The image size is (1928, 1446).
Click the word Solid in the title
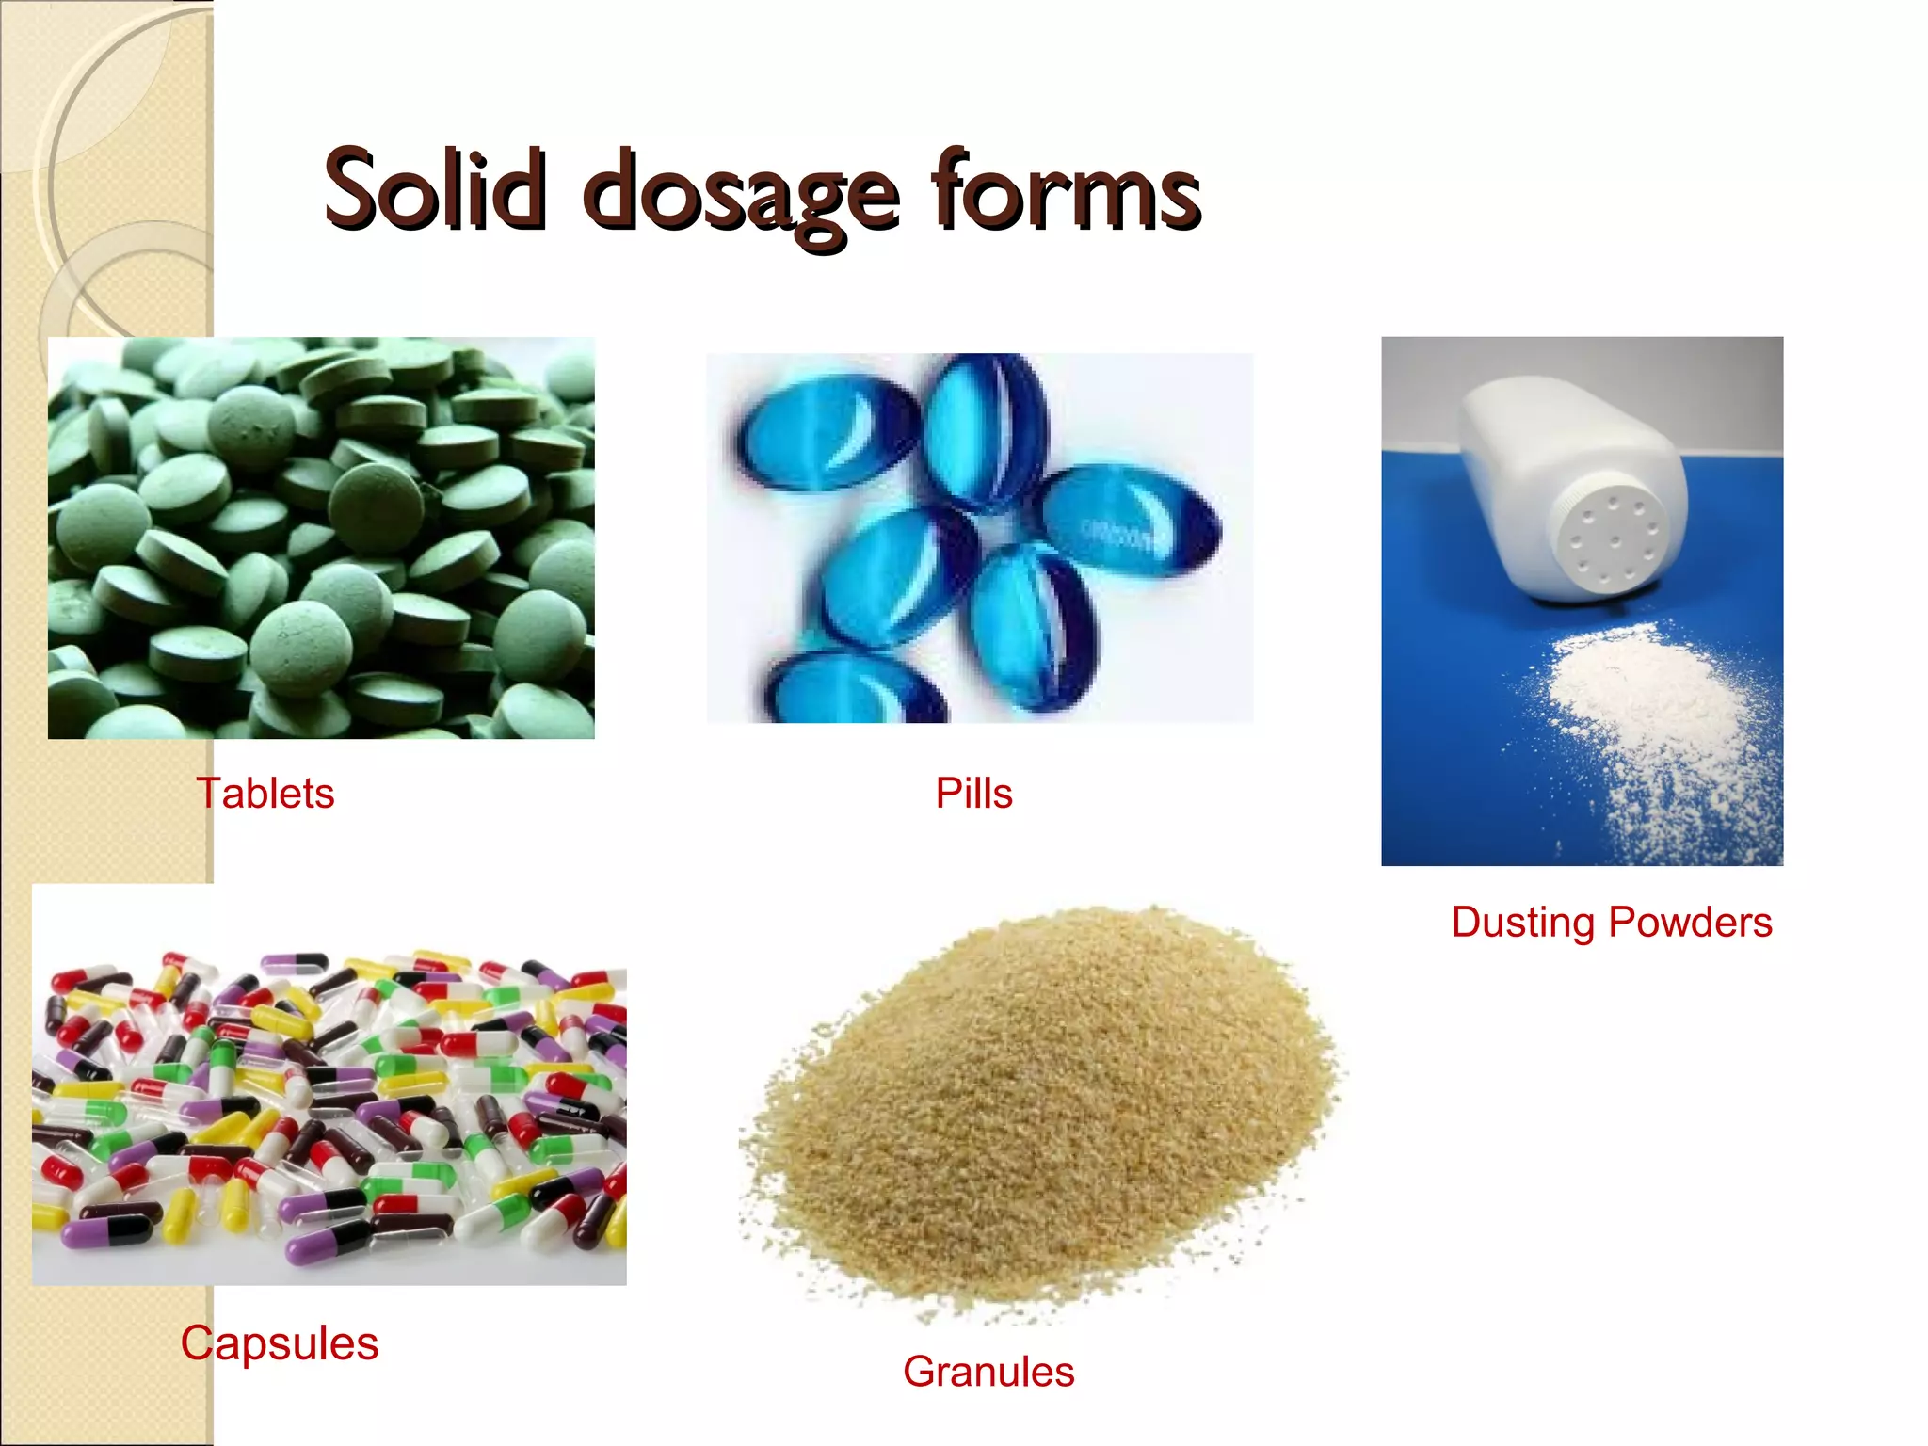coord(434,190)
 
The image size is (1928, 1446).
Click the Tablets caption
coord(265,794)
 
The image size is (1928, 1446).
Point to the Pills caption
coord(973,794)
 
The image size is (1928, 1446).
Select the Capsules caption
coord(280,1343)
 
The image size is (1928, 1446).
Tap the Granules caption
coord(988,1372)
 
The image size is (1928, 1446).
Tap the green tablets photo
coord(321,538)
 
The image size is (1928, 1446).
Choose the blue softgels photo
coord(979,538)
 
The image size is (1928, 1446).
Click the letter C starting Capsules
coord(198,1343)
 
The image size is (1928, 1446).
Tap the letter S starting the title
coord(353,190)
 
